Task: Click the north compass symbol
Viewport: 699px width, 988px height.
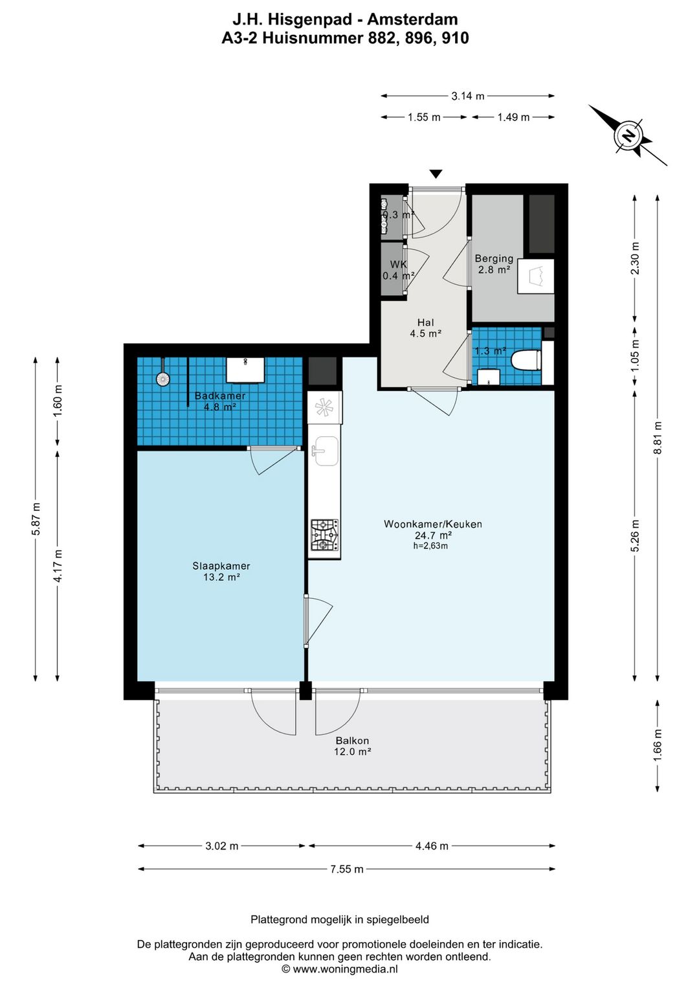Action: pos(628,135)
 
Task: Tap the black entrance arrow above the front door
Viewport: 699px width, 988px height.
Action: pos(436,174)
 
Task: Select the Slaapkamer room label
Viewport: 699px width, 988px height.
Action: pos(221,566)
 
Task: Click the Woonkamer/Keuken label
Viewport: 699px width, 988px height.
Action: pos(432,524)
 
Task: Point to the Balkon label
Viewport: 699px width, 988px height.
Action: pos(352,741)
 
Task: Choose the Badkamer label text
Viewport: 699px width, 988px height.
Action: pos(219,396)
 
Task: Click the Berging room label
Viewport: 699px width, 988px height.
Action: pos(494,258)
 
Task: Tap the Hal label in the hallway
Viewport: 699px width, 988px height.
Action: pos(426,322)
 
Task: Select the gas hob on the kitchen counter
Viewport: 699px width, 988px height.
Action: pos(325,535)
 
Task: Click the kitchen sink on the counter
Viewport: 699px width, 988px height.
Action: pos(325,451)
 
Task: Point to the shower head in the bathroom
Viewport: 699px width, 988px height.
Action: pos(162,379)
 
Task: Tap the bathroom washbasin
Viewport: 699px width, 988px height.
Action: pos(246,370)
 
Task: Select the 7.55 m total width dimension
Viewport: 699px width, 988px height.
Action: pos(347,869)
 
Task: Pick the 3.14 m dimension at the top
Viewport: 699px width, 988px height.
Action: pos(468,96)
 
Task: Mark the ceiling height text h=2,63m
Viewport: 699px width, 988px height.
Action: pos(431,546)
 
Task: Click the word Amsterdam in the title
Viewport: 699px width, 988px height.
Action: pos(412,19)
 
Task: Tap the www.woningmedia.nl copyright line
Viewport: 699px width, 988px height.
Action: pos(340,969)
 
